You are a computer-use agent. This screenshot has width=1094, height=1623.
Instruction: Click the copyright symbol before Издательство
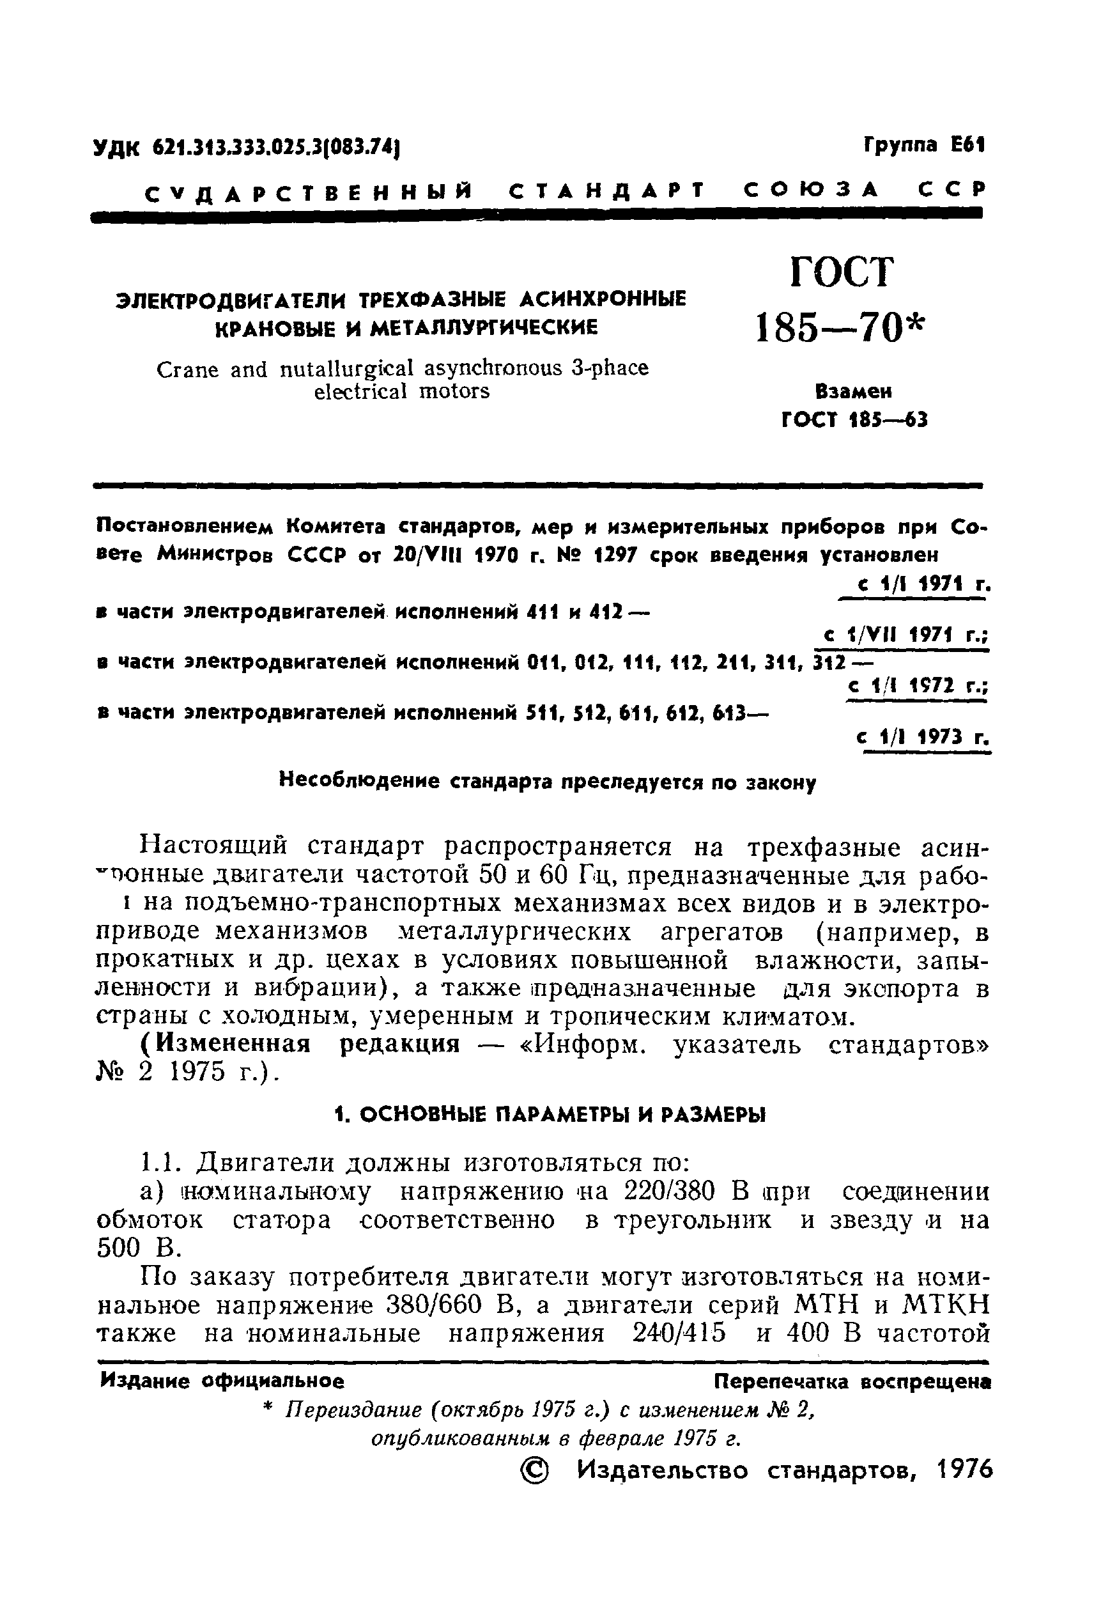(534, 1472)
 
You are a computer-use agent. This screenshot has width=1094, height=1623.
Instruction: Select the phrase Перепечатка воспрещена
(852, 1381)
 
